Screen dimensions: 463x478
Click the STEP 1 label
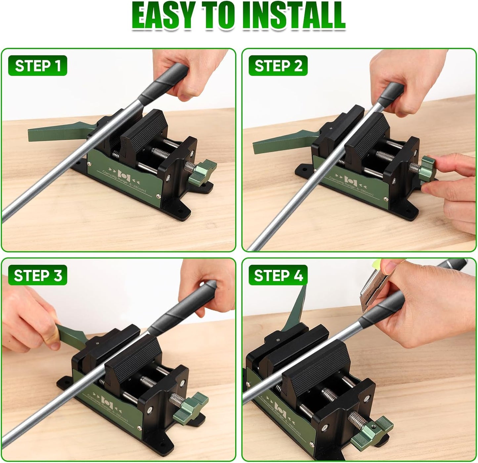click(38, 66)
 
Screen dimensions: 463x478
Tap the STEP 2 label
click(278, 66)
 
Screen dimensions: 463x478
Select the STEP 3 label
click(38, 275)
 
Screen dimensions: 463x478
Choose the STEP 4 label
click(278, 275)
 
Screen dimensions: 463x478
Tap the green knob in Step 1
click(202, 172)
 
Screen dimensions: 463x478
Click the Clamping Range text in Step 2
click(351, 187)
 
